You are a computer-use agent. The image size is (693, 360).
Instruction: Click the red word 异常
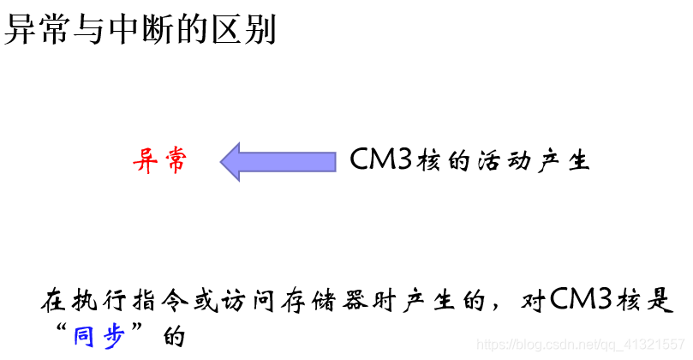(159, 160)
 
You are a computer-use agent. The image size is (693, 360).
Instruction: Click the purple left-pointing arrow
(278, 161)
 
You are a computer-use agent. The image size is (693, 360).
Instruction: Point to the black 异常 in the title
(33, 31)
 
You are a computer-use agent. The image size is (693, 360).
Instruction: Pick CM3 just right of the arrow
(382, 160)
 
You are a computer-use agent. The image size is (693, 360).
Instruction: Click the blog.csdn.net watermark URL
(583, 344)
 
